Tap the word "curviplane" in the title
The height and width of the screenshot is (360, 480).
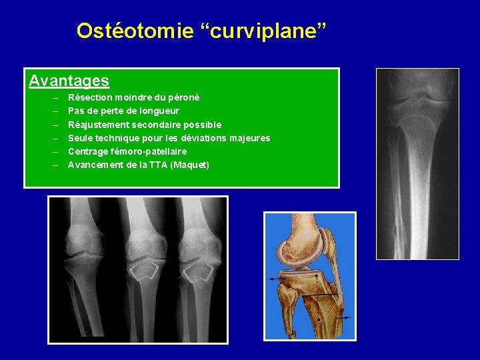257,31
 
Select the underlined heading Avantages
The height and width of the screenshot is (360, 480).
69,81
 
